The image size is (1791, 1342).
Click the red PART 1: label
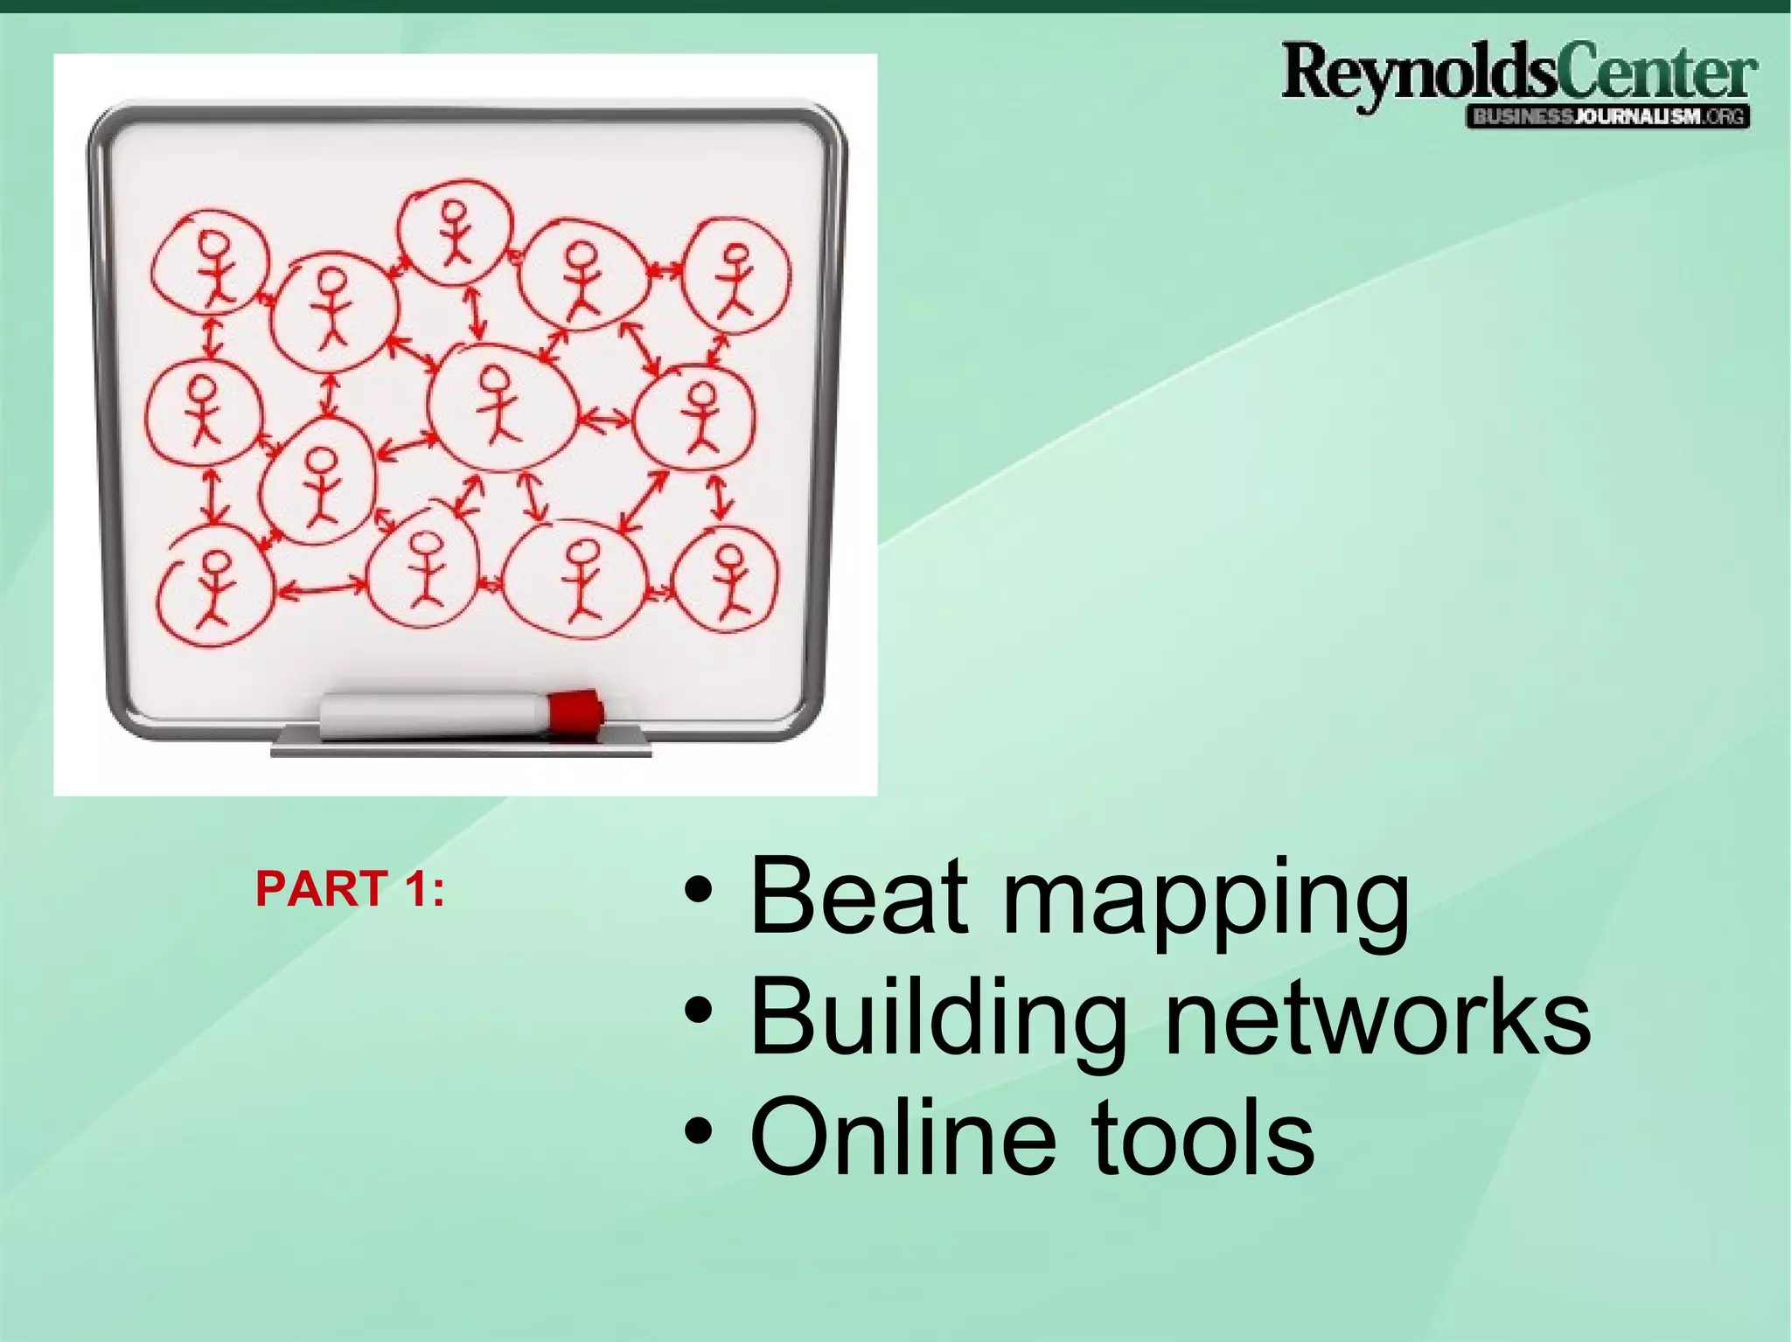350,889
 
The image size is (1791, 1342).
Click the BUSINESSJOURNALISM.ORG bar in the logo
1607,116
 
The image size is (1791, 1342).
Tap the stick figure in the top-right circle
735,279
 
